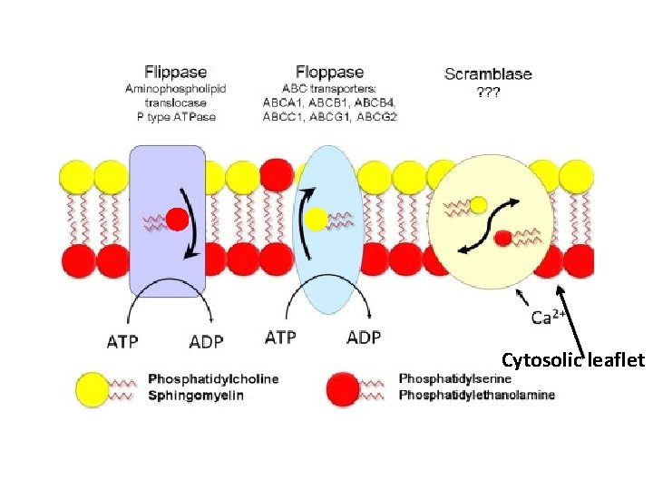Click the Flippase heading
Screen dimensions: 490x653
tap(176, 72)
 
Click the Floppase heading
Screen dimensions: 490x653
tap(330, 72)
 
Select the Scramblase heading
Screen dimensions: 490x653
tap(488, 73)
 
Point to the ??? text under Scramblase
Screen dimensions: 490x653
tap(488, 92)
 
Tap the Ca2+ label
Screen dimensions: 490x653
tap(549, 317)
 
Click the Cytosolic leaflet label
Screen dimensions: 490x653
tap(572, 360)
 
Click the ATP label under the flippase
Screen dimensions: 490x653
tap(123, 342)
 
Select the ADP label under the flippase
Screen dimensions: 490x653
tap(206, 342)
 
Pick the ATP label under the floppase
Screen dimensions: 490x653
tap(281, 338)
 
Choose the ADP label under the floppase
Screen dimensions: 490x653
tap(364, 338)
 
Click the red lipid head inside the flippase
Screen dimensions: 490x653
tap(177, 220)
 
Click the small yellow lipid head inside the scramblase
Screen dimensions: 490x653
tap(479, 205)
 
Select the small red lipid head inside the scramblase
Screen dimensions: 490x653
tap(502, 238)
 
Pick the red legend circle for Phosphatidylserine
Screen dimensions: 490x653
tap(344, 387)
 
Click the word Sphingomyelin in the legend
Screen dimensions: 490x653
tap(196, 396)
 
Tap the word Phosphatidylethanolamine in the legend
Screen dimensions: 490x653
tap(476, 396)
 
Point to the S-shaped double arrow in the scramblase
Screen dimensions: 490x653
tap(491, 222)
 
